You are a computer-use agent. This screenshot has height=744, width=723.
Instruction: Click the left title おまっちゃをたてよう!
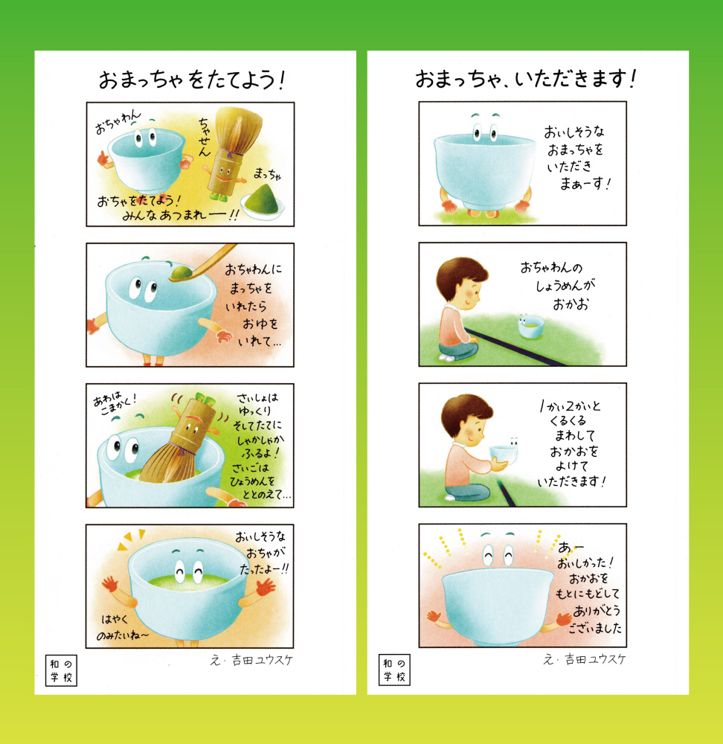click(x=191, y=80)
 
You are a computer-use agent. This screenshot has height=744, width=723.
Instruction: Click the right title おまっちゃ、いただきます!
click(x=525, y=78)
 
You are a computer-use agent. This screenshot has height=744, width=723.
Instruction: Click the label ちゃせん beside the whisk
click(x=205, y=137)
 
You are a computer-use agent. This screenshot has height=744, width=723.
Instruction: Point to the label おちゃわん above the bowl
click(x=118, y=121)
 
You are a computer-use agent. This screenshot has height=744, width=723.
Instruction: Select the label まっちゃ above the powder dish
click(x=268, y=174)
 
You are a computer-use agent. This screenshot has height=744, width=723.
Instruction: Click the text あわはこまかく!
click(x=115, y=403)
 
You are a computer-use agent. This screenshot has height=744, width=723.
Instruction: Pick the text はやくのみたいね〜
click(x=122, y=626)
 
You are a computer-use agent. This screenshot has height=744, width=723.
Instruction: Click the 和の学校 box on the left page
click(x=61, y=670)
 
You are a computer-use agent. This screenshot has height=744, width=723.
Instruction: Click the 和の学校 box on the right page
click(x=394, y=670)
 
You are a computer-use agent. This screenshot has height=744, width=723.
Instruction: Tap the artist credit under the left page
click(x=251, y=660)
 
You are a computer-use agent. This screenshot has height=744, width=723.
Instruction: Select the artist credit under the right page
click(x=585, y=659)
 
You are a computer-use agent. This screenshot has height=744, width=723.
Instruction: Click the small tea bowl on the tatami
click(x=530, y=326)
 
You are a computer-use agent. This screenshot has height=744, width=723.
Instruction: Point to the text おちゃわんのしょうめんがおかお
click(x=558, y=286)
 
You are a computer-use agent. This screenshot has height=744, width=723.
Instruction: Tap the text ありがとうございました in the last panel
click(x=595, y=619)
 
